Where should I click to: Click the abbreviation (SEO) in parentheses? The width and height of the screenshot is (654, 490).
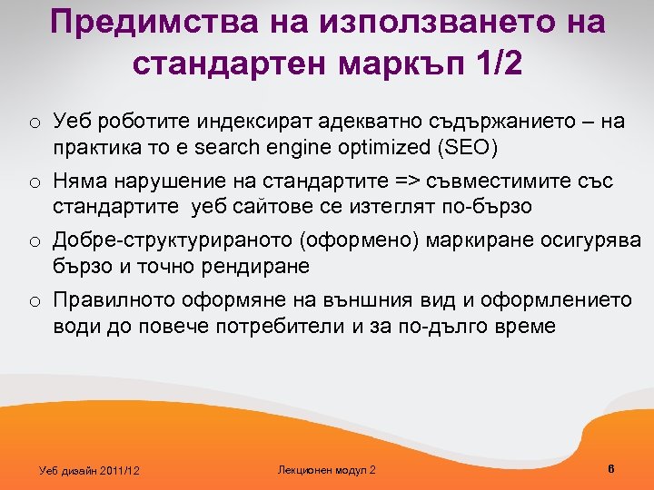click(x=471, y=147)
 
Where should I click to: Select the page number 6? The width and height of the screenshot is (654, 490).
click(x=610, y=468)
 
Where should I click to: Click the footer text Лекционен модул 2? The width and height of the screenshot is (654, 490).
click(x=325, y=469)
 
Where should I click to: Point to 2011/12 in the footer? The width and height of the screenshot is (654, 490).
click(x=121, y=470)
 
